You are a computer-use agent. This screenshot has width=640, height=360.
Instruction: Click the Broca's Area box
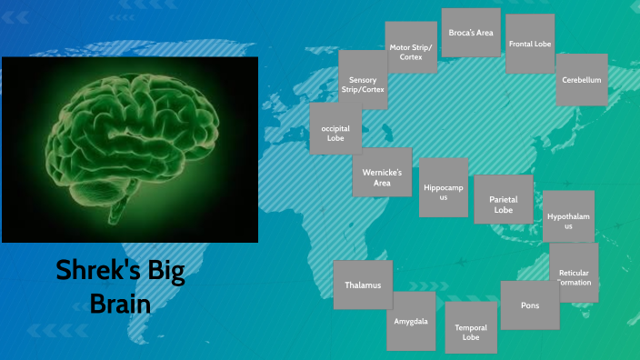[x=471, y=33]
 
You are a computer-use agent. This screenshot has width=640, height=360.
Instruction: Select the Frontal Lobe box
[x=530, y=44]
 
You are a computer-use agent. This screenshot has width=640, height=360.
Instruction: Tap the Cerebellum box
[x=582, y=80]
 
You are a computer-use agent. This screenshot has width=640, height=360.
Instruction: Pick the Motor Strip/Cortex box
[x=411, y=51]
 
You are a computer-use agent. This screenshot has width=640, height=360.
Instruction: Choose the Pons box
[x=529, y=305]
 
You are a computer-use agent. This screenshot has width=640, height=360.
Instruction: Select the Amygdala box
[x=411, y=321]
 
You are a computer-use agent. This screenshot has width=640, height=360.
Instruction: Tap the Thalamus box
[x=363, y=285]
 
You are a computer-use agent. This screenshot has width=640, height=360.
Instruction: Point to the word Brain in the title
[x=120, y=303]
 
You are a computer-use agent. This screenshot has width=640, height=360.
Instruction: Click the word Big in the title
[x=162, y=270]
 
